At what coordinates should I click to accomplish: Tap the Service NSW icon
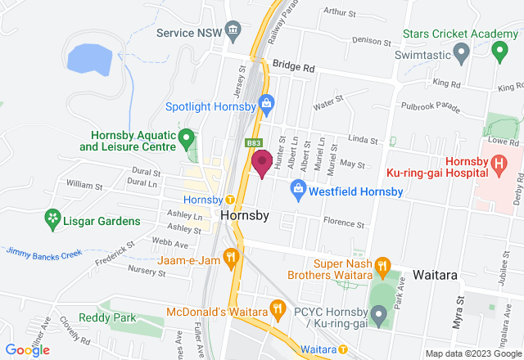pos(234,32)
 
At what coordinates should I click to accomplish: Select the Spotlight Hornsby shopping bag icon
pos(266,103)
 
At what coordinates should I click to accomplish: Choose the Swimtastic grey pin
pos(460,55)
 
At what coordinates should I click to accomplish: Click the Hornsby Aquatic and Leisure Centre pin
pos(187,137)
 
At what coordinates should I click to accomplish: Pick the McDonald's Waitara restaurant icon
pos(278,310)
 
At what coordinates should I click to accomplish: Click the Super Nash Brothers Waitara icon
pos(381,265)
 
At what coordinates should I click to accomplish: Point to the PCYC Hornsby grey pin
pos(378,313)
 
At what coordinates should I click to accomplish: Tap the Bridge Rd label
pos(294,65)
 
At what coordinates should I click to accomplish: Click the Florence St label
pos(343,223)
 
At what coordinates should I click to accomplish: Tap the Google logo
pos(26,349)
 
